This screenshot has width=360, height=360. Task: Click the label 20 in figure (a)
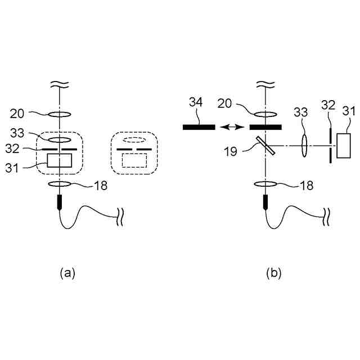(17, 114)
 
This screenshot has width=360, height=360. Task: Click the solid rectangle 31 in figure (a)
(60, 160)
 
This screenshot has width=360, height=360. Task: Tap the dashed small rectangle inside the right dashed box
(134, 160)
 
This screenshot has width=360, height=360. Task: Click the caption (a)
(67, 273)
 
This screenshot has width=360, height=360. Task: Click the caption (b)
(274, 273)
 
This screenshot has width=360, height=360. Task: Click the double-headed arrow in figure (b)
(232, 127)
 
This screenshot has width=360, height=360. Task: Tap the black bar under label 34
(199, 127)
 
